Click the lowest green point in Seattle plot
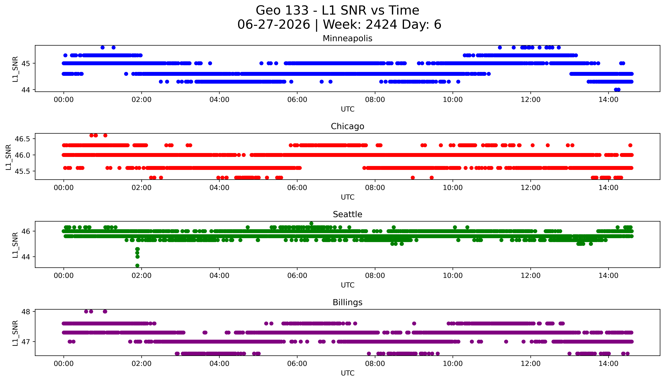click(137, 265)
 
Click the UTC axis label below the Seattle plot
click(347, 285)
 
